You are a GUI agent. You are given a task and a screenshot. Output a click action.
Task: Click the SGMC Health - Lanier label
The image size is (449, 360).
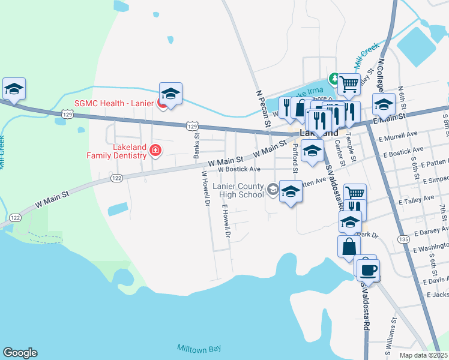click(x=114, y=103)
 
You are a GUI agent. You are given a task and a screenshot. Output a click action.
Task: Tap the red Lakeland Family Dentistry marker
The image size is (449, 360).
click(x=155, y=150)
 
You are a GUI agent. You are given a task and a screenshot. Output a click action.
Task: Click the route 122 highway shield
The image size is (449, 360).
click(x=116, y=178)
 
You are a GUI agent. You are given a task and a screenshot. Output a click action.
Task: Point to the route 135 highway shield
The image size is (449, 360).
click(x=403, y=239)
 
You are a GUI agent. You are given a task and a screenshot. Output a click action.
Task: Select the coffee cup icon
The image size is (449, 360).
click(x=368, y=269)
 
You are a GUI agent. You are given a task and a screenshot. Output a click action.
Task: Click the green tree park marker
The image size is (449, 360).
click(x=333, y=79)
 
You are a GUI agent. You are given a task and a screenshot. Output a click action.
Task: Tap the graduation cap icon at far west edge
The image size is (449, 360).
click(x=14, y=89)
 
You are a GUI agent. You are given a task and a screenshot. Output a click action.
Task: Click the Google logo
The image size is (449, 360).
click(x=20, y=353)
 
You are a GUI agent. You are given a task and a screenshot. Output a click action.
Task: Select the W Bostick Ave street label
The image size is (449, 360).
click(x=239, y=169)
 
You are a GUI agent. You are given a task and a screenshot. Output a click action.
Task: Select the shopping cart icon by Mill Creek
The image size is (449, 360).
click(x=348, y=84)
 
